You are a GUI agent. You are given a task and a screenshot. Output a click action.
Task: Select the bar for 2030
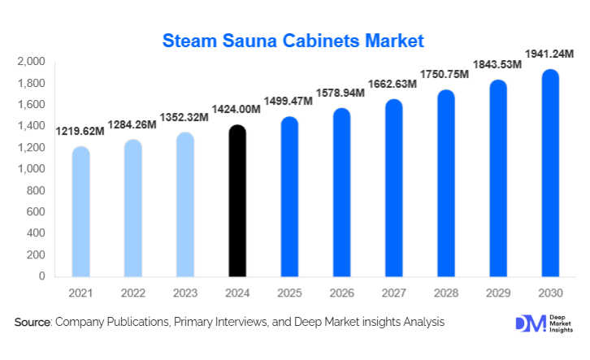[x=550, y=174]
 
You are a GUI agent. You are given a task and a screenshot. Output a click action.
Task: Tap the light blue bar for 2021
[x=80, y=212]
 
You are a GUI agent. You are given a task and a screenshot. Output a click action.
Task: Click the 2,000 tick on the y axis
[x=31, y=62]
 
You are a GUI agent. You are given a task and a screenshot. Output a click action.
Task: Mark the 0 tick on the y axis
[x=42, y=276]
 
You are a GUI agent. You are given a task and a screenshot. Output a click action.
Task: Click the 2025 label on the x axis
[x=289, y=293]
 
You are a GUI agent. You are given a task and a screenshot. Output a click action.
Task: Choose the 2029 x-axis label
[x=498, y=293]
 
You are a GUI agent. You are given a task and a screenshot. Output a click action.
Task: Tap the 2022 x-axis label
[x=132, y=293]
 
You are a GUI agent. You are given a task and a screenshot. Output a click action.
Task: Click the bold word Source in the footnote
[x=33, y=323]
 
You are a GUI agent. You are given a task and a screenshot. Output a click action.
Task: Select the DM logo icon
[x=530, y=323]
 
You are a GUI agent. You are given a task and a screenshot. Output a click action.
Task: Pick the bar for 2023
[x=184, y=204]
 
